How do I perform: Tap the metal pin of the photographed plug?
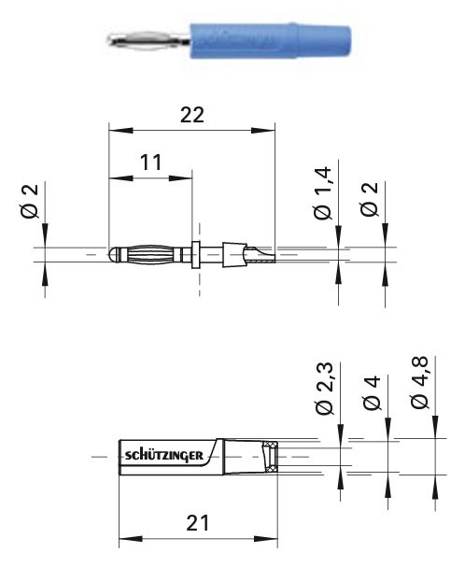[x=149, y=40]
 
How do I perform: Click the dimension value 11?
[x=150, y=163]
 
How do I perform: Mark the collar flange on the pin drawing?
[x=197, y=252]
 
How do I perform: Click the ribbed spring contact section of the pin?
[x=154, y=253]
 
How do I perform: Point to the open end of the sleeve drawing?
[x=271, y=457]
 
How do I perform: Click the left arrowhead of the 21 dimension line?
[x=124, y=540]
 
